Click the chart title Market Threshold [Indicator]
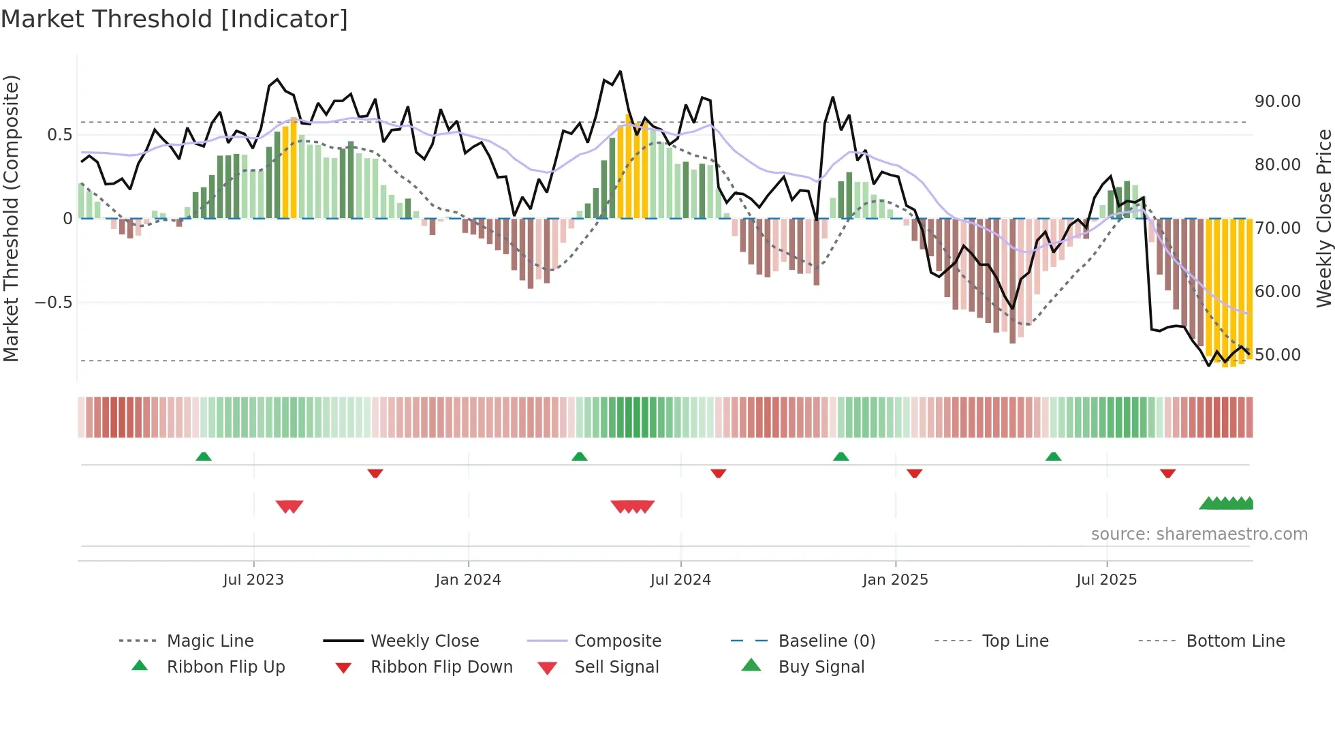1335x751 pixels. point(174,19)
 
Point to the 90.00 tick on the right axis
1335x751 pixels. point(1277,102)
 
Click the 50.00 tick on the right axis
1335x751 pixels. point(1277,355)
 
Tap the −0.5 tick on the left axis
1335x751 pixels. point(53,302)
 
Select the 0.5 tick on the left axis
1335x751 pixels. point(60,135)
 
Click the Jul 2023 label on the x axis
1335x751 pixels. point(253,580)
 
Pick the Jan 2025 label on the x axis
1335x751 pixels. point(895,580)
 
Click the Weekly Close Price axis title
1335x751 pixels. point(1323,218)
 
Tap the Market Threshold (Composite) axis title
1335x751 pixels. point(11,218)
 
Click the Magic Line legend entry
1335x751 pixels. point(210,641)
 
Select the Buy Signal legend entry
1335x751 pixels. point(821,667)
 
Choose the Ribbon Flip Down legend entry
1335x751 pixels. point(441,667)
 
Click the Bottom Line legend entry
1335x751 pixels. point(1235,641)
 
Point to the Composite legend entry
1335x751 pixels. point(617,641)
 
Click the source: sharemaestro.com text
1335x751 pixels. point(1199,534)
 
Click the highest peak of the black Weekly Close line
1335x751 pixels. point(620,72)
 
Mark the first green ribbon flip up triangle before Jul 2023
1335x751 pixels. point(204,457)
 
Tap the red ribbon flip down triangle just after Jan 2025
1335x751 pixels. point(915,473)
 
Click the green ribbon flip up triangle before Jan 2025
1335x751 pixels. point(841,457)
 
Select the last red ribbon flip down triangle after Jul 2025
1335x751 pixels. point(1168,473)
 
